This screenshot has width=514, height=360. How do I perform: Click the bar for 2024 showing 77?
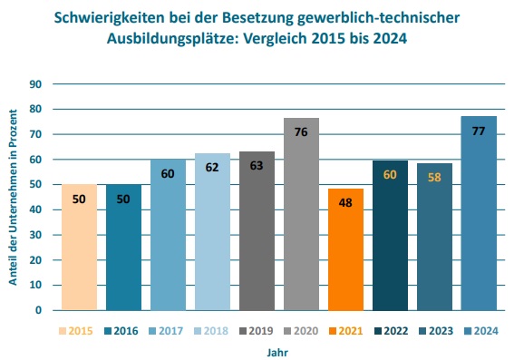pos(479,213)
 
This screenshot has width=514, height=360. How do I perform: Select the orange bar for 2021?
pos(345,249)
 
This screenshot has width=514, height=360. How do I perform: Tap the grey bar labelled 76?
pos(301,214)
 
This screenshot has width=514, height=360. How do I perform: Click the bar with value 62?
pos(212,231)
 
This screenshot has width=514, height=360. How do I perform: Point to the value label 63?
pos(257,166)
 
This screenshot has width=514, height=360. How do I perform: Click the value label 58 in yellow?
pos(434,178)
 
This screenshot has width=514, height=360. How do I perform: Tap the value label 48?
pos(345,203)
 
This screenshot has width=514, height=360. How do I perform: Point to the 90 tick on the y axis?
pos(36,84)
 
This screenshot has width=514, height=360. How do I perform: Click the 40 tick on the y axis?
pos(36,209)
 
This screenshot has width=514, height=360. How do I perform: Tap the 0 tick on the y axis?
pos(39,310)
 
